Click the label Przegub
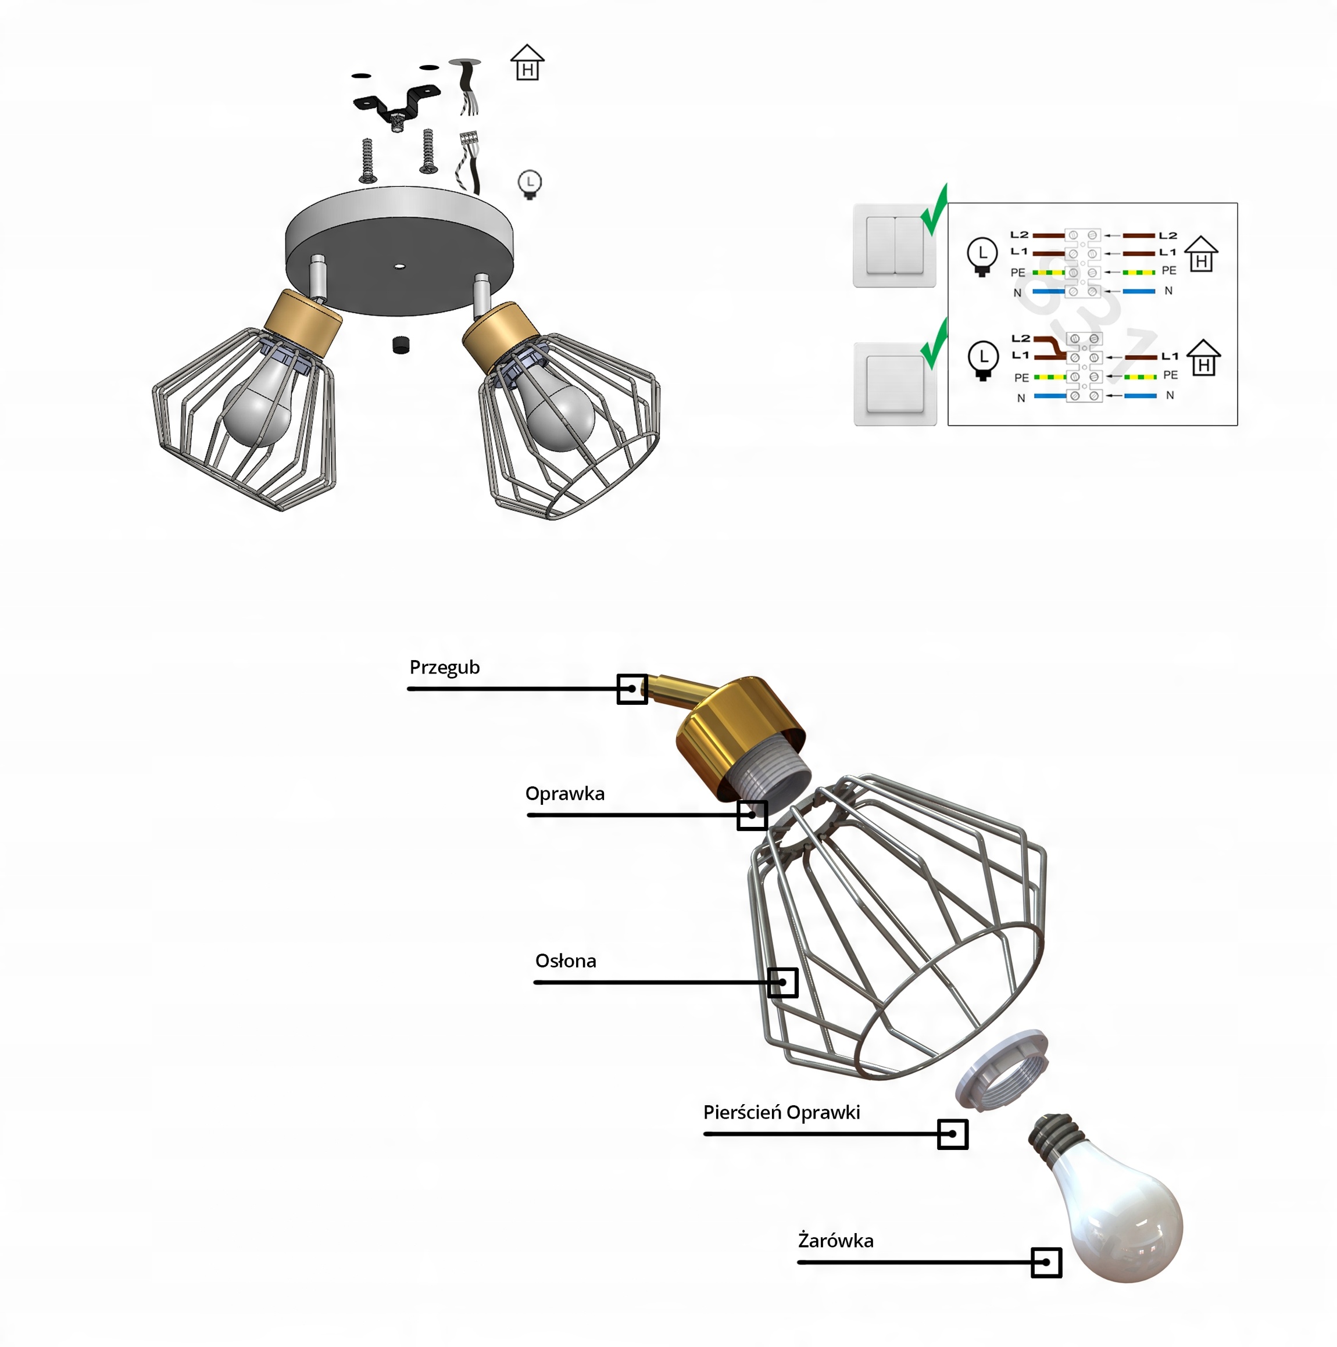coord(444,667)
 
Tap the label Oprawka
coord(564,793)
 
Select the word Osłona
coord(566,961)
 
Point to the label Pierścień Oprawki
coord(781,1112)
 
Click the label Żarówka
coord(835,1240)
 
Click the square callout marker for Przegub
coord(632,689)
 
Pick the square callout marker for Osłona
coord(782,983)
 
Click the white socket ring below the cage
coord(1002,1070)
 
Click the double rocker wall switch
coord(894,245)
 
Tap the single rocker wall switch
coord(895,384)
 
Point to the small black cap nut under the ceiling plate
coord(401,345)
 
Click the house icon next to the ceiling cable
coord(527,63)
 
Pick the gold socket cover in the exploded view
coord(739,729)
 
